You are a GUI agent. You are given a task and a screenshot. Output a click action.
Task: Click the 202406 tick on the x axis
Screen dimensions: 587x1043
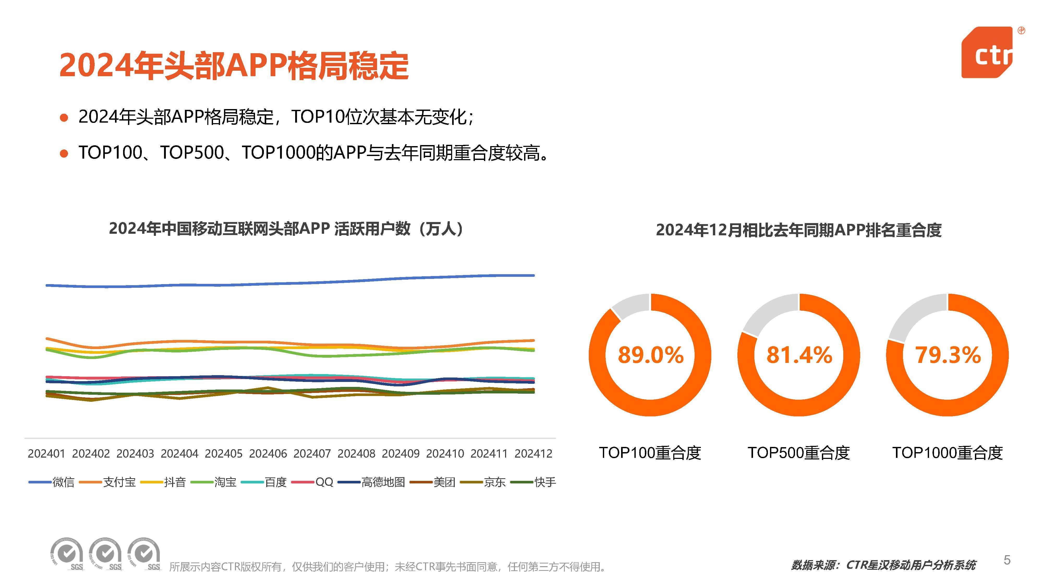click(268, 454)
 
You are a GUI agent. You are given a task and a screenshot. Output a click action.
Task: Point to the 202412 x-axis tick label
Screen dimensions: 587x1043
click(533, 454)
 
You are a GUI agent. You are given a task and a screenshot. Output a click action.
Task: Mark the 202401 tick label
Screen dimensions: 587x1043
click(46, 454)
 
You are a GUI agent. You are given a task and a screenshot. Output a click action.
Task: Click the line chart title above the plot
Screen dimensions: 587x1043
click(286, 229)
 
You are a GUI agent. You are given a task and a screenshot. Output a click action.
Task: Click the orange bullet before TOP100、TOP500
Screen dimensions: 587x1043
click(64, 154)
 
